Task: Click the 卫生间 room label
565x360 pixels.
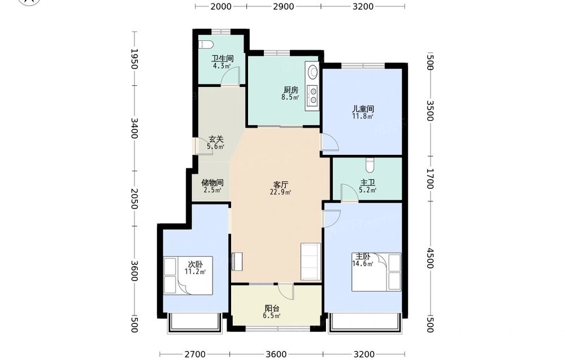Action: coord(222,58)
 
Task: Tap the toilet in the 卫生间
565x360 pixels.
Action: coord(206,45)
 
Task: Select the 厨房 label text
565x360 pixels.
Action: coord(291,90)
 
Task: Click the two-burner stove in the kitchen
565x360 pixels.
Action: coord(312,94)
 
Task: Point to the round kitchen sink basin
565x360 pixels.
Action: coord(312,72)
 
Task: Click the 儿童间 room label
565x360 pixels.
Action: coord(363,109)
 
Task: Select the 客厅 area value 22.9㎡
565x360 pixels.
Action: coord(280,192)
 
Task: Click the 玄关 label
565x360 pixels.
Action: coord(216,139)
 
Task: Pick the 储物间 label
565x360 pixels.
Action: coord(212,183)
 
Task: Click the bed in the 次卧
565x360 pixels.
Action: coord(188,275)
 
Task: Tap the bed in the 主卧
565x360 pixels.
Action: coord(376,272)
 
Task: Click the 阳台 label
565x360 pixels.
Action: coord(272,309)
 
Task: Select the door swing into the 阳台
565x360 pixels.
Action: coord(286,292)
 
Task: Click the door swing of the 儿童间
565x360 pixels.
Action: coord(330,142)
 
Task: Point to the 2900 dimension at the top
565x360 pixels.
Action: coord(284,6)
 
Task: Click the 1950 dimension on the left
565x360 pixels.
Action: coord(134,59)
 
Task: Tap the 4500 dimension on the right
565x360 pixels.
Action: coord(429,258)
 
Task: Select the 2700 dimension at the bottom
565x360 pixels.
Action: coord(195,354)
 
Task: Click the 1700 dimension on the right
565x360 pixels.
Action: coord(429,179)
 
